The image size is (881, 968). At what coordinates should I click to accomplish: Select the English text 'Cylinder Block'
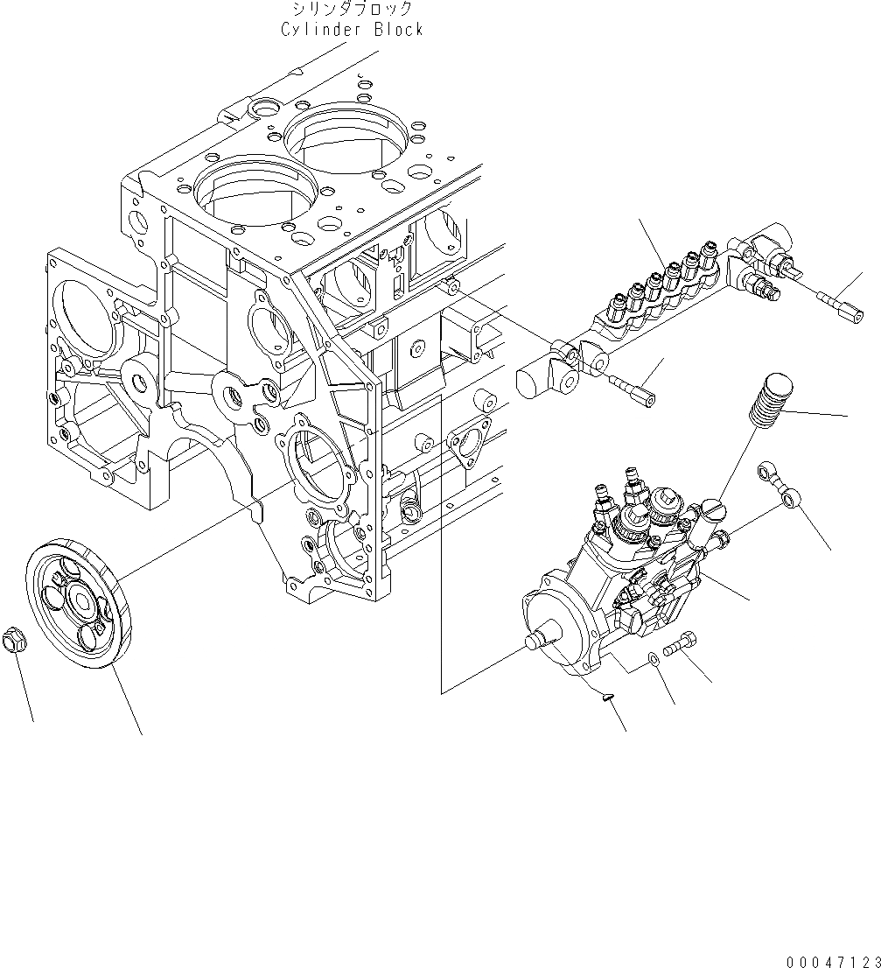(352, 29)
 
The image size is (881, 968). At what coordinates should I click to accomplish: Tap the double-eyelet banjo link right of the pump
(777, 482)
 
